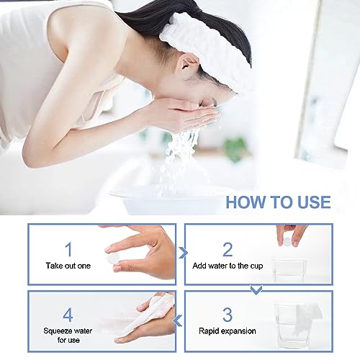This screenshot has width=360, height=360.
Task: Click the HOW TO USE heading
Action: click(x=278, y=202)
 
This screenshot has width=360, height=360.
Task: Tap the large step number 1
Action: click(x=69, y=249)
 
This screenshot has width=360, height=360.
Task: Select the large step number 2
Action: click(x=228, y=249)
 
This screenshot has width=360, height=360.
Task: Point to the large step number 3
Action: click(x=228, y=315)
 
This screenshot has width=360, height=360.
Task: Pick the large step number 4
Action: click(x=68, y=315)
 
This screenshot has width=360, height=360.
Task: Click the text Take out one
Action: click(x=68, y=266)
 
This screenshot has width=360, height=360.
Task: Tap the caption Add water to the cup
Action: click(x=228, y=266)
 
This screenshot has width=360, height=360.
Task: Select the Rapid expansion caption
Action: click(x=228, y=331)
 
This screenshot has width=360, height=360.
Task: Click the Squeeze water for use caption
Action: click(x=68, y=336)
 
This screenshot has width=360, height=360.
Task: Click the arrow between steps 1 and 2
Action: click(x=183, y=253)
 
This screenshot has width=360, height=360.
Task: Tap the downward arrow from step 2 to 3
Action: click(x=256, y=289)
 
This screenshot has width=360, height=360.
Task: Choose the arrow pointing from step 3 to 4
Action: click(x=178, y=321)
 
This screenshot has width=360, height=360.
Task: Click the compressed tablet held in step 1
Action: click(x=112, y=258)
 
